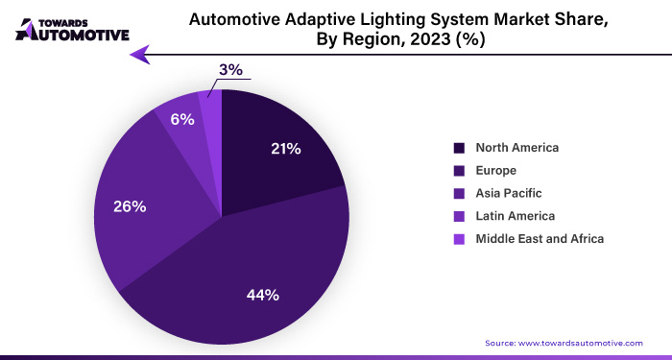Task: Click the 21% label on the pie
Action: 286,149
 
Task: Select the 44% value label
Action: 263,295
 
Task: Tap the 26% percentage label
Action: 130,206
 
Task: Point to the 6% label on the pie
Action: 182,120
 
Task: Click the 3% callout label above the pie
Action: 230,69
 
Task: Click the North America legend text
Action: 516,148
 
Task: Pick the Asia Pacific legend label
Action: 509,193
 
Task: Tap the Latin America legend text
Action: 515,216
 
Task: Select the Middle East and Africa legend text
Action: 540,238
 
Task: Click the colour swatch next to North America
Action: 459,148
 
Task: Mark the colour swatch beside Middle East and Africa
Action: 459,238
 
